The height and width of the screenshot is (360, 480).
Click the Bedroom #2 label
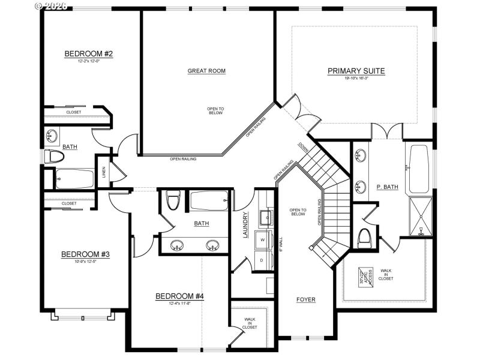pos(89,54)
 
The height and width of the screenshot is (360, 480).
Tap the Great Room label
pos(206,71)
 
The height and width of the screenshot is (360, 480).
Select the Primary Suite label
pos(356,71)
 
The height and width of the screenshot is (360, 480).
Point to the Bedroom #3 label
pos(85,254)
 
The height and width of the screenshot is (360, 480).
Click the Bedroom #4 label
pos(179,296)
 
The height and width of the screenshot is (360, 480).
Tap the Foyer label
pos(305,299)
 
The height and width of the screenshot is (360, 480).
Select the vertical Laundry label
pos(245,225)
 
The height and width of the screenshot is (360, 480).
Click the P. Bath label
pos(387,187)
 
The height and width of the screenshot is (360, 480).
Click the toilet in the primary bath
pos(364,239)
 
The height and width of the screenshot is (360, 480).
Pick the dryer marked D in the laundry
pos(263,260)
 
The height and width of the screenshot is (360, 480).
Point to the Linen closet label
pos(104,172)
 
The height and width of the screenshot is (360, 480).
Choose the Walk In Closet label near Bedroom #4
pos(250,323)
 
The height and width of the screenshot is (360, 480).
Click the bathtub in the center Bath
pos(209,201)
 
